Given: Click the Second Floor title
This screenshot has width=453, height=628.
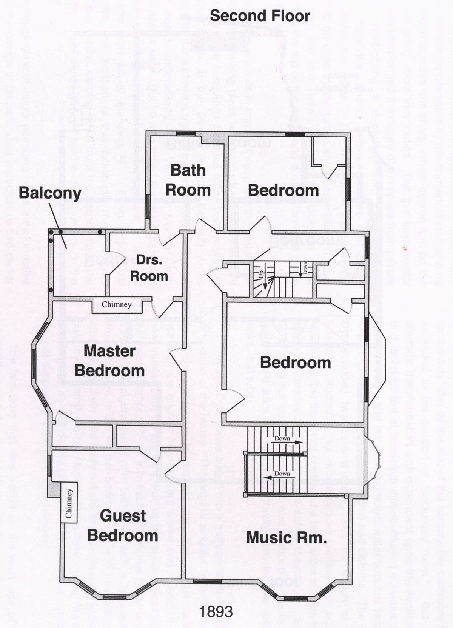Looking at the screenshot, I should (260, 15).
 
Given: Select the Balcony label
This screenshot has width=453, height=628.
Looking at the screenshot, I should (50, 193).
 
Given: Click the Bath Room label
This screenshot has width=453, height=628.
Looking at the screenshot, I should (188, 180).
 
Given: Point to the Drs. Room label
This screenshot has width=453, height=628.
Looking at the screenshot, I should (149, 268).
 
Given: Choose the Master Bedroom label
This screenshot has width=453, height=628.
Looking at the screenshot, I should (109, 361).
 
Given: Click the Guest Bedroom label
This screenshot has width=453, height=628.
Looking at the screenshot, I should (123, 525).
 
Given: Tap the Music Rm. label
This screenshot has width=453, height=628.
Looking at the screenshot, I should (286, 537).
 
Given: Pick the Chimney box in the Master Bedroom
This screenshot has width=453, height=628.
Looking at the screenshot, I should (116, 304).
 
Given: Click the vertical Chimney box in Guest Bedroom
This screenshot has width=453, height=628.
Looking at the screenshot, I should (69, 503).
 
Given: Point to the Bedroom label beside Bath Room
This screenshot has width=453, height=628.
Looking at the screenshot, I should (283, 190).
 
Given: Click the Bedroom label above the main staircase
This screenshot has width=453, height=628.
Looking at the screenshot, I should (295, 363).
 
